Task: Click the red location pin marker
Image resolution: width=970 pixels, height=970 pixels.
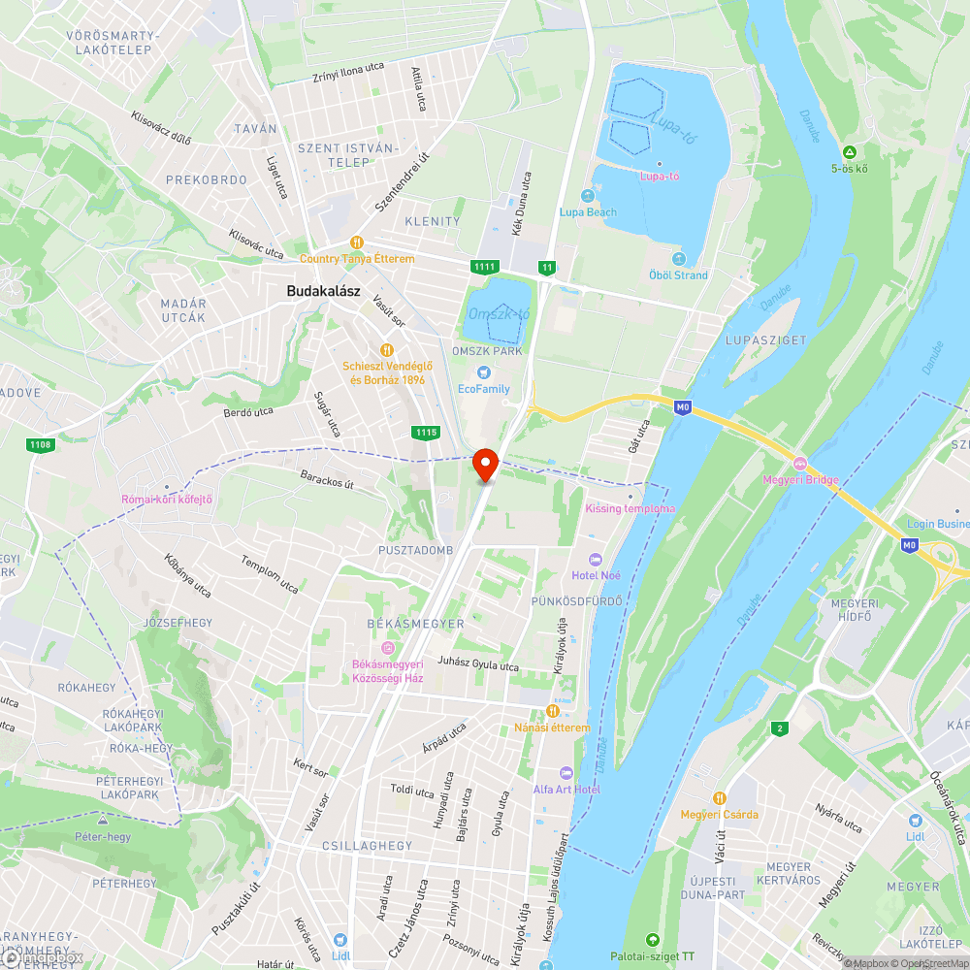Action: click(485, 463)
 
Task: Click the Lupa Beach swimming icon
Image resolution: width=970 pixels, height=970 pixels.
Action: click(588, 197)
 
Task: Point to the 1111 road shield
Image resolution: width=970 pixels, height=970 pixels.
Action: click(484, 267)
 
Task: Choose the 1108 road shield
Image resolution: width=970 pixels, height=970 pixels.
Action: click(41, 444)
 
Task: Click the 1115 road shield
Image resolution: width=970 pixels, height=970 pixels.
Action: click(424, 433)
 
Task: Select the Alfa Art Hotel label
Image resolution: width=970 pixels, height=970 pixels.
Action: click(566, 790)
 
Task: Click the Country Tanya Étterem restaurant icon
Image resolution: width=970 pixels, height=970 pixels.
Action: click(357, 242)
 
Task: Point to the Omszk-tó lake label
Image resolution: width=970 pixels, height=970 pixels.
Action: click(500, 313)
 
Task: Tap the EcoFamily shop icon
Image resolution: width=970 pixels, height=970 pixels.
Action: click(482, 373)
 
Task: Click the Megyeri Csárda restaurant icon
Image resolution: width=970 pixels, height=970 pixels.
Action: click(719, 797)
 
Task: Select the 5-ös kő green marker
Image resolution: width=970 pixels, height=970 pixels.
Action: click(850, 152)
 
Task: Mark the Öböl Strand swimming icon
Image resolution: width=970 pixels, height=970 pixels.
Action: click(678, 259)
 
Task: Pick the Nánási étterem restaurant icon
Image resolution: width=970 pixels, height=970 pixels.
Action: click(553, 711)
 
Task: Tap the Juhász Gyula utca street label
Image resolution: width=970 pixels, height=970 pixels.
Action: click(478, 666)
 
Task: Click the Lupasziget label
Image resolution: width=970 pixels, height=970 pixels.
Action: click(753, 340)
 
